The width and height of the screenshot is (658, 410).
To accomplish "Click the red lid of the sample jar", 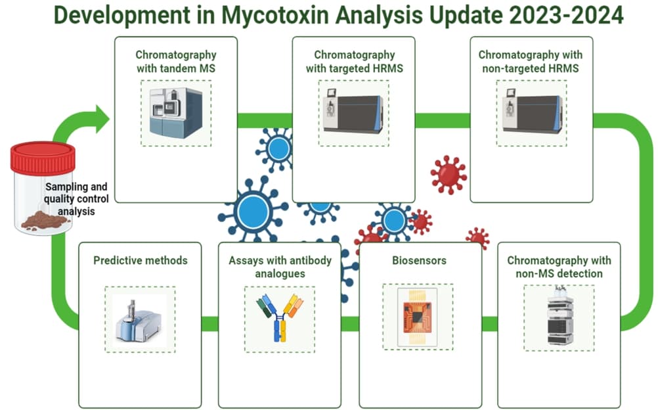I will (x=43, y=158).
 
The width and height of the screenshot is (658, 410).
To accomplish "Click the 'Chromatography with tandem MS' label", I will (x=175, y=60).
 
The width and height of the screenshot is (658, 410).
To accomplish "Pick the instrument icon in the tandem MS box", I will (x=175, y=113).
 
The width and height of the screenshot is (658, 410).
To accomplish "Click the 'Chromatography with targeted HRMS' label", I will (x=354, y=60).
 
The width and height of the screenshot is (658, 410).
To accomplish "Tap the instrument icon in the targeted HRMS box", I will (x=354, y=113).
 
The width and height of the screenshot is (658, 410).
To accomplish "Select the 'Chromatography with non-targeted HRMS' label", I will (x=530, y=60).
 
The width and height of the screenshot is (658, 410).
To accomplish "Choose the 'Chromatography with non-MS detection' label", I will (x=559, y=266).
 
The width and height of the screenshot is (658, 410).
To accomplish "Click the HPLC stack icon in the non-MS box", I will (x=559, y=315).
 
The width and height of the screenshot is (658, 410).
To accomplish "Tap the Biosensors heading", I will (x=419, y=260).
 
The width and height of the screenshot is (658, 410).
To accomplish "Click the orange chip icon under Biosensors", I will (x=419, y=315).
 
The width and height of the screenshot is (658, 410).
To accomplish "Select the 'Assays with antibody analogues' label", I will (x=280, y=266).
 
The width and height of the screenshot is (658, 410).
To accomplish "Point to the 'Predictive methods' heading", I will (x=140, y=260).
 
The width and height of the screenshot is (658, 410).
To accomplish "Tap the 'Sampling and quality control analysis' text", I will (x=76, y=198).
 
